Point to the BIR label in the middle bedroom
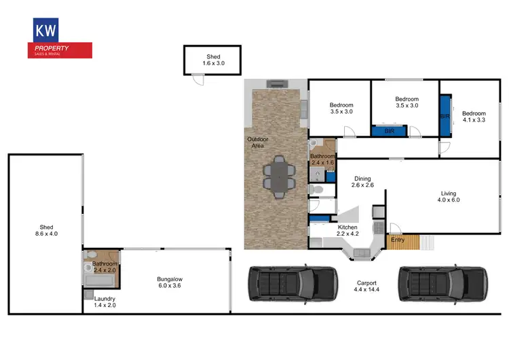click(390, 130)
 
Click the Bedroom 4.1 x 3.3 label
click(474, 118)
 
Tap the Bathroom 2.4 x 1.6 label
click(322, 160)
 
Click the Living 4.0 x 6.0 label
click(448, 196)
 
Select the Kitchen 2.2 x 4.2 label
click(347, 231)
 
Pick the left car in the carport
click(292, 283)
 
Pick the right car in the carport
click(442, 283)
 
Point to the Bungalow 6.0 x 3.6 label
click(169, 283)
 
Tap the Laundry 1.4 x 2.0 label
click(105, 302)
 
